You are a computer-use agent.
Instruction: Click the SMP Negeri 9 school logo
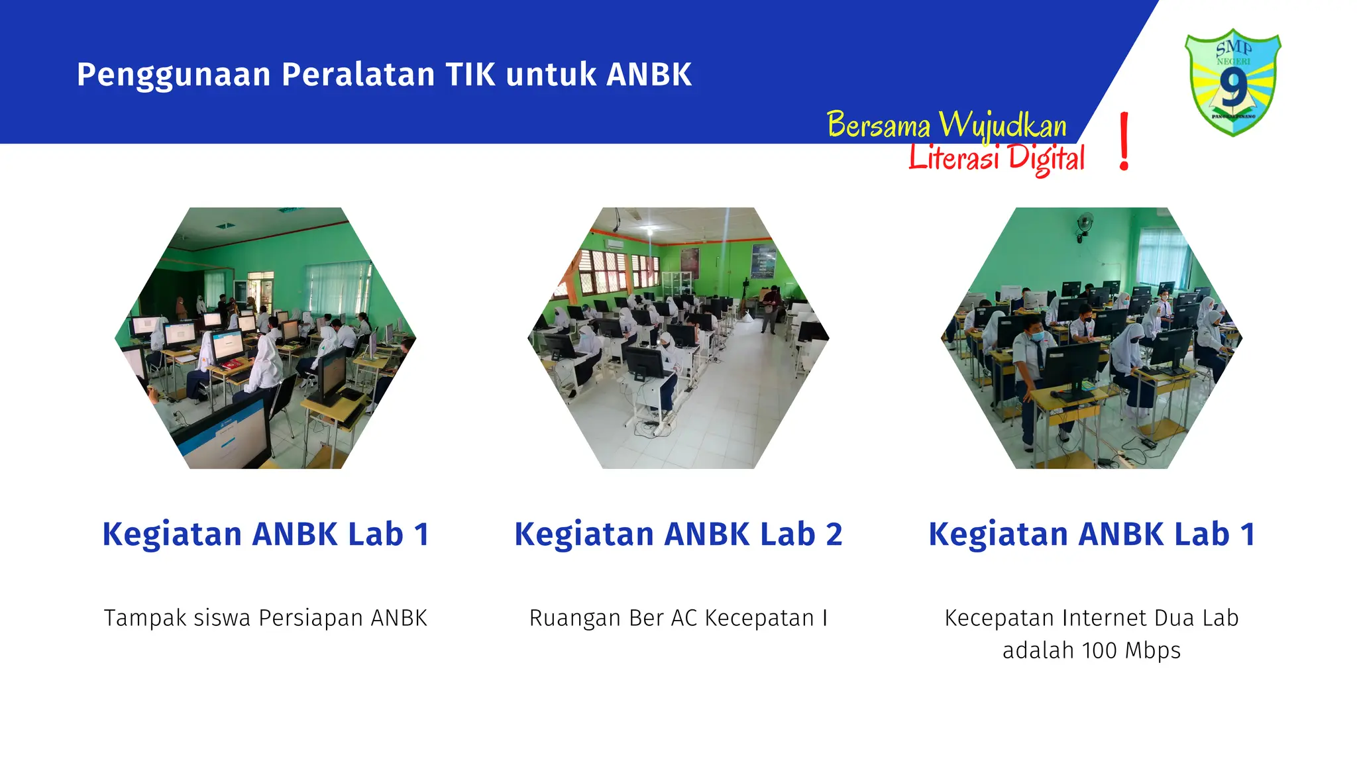pos(1232,82)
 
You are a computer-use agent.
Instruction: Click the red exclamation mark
pos(1124,141)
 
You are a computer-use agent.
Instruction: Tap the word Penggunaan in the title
pos(173,74)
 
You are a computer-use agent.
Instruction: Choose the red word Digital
pos(1046,159)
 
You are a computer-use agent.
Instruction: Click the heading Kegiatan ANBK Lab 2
pos(678,534)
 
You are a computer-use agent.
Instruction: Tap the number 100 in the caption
pos(1099,650)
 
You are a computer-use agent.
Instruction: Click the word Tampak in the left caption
pos(136,618)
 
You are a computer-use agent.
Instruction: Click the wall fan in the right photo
pos(1085,224)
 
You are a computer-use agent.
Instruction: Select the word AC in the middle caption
pos(684,618)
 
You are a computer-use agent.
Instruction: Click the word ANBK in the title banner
pos(649,74)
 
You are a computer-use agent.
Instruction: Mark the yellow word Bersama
pos(879,125)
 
